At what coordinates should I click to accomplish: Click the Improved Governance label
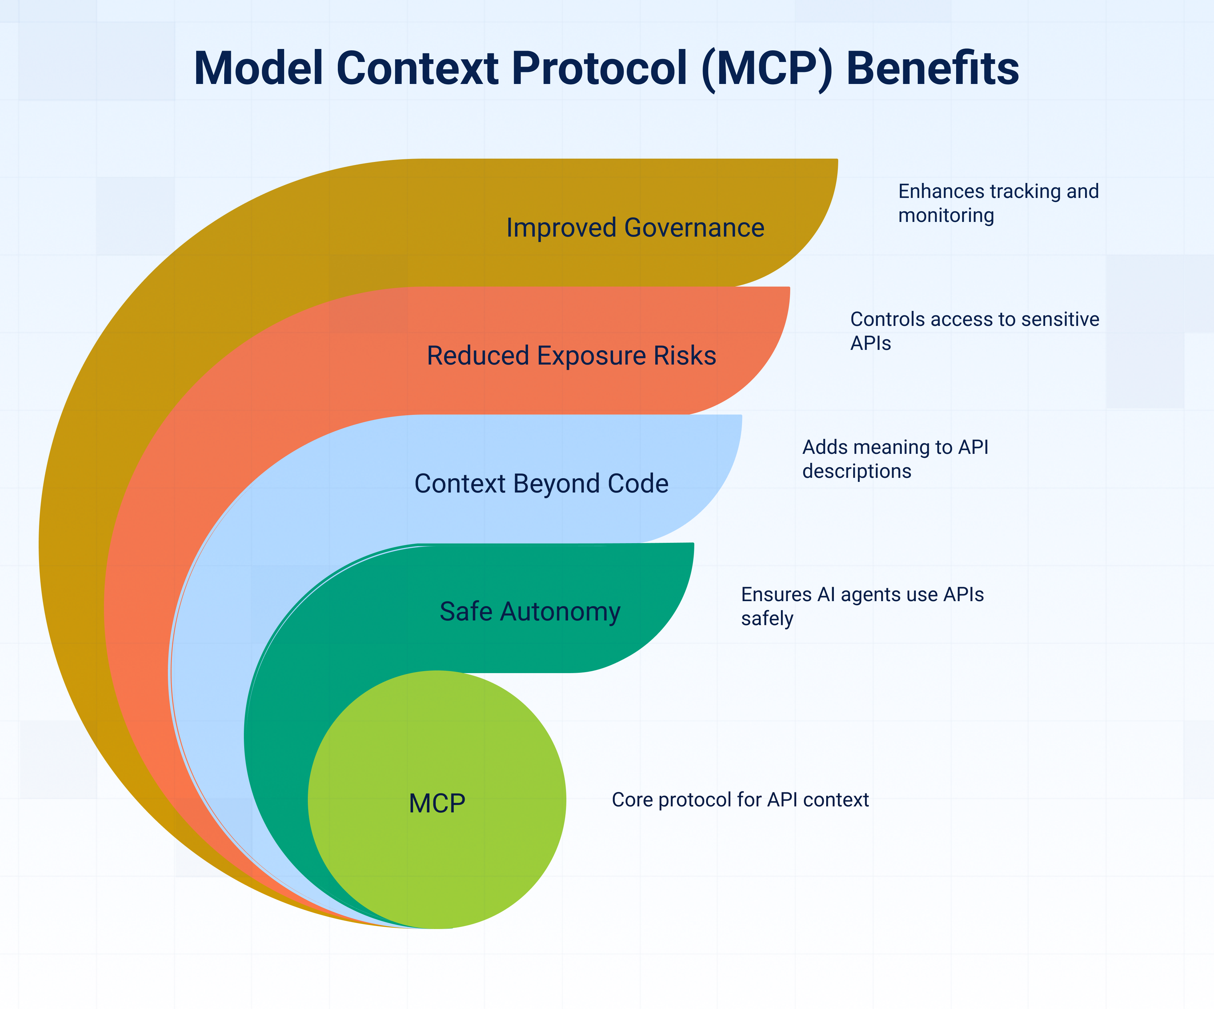[635, 227]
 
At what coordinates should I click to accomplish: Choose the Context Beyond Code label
[541, 484]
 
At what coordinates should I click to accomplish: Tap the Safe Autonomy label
[529, 611]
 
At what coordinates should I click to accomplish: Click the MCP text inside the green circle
[437, 803]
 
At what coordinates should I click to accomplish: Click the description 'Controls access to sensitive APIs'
[974, 331]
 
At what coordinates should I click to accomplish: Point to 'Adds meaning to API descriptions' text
[895, 459]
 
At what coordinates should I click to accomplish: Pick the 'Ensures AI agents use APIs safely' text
[862, 606]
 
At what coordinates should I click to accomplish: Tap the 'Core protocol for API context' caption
[740, 800]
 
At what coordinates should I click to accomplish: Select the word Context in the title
[417, 68]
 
